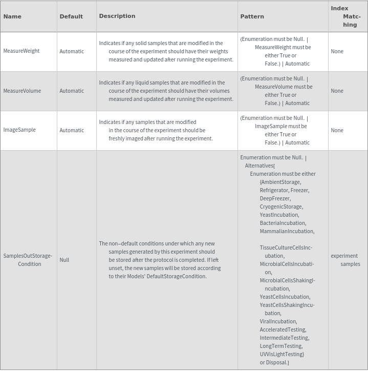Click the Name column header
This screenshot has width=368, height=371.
click(x=12, y=16)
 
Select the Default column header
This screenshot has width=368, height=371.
click(x=71, y=16)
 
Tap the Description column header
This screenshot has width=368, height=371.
click(x=117, y=16)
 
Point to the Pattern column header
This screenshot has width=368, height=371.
click(x=252, y=16)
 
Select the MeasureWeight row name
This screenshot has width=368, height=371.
click(x=21, y=51)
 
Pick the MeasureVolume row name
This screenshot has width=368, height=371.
click(x=22, y=91)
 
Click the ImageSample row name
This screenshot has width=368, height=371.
click(x=19, y=130)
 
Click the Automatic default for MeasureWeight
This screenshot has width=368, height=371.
click(x=72, y=51)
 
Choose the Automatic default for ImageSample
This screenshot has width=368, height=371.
click(x=72, y=130)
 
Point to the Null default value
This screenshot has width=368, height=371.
click(x=64, y=260)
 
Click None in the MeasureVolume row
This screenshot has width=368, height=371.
click(x=337, y=91)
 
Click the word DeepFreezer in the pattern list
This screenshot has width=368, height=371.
click(x=275, y=198)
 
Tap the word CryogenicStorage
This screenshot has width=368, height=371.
click(x=281, y=207)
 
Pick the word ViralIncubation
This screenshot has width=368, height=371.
click(x=278, y=321)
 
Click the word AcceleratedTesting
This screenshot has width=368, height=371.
click(x=282, y=329)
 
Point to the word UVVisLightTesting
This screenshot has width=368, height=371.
click(x=282, y=354)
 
